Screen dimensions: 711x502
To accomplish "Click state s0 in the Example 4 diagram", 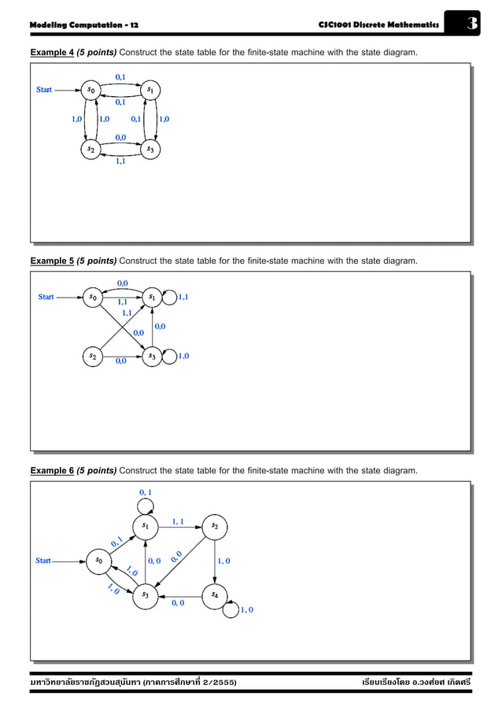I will (93, 91).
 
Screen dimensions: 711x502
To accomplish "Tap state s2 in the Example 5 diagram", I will (94, 356).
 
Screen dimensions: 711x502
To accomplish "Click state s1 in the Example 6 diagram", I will (146, 525).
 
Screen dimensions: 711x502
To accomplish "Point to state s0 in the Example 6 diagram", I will (98, 561).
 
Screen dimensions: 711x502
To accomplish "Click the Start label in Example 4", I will (44, 90).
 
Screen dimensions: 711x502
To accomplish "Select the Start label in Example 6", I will (43, 561).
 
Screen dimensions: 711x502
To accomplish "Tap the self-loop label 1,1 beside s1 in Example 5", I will (183, 297).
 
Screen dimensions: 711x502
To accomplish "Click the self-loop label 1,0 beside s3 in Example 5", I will (183, 356).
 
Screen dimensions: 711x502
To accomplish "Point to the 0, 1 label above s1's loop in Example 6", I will (146, 492).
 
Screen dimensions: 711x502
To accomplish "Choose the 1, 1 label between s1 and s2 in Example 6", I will (179, 521).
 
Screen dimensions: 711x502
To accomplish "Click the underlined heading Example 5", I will (52, 261).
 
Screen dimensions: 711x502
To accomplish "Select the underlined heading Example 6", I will (52, 470).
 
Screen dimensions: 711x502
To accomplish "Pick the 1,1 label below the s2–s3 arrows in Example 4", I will (121, 161).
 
